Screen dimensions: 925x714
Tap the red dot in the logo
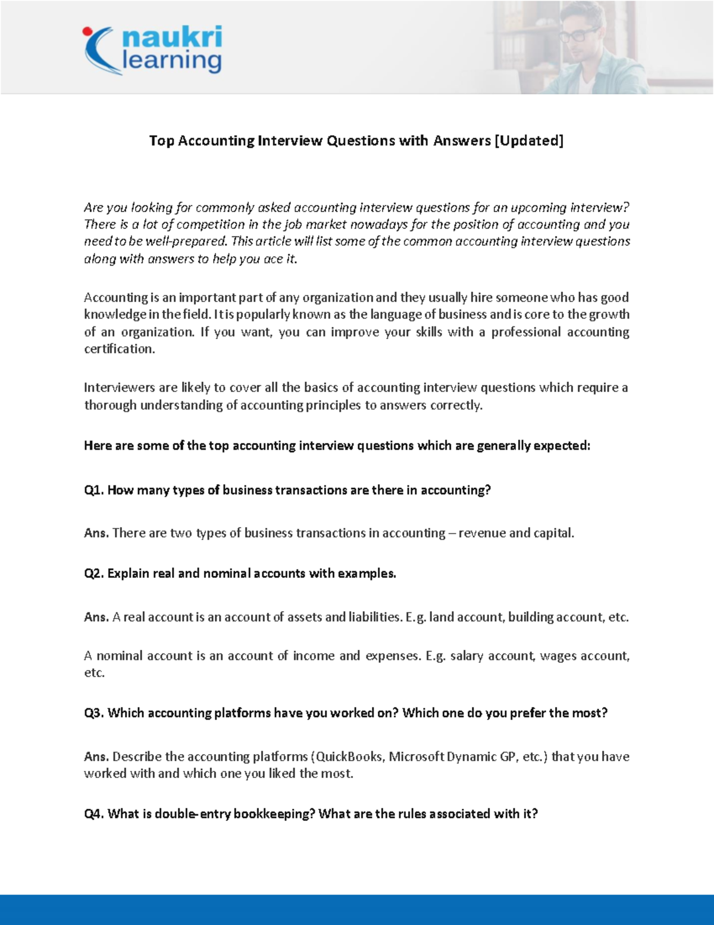tap(87, 31)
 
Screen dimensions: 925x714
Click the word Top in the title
tap(161, 141)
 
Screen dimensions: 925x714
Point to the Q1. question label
tap(94, 490)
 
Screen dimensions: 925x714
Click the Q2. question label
tap(94, 574)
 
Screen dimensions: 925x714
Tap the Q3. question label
tap(94, 713)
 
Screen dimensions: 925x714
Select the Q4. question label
tap(94, 814)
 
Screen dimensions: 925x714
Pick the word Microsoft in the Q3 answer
tap(416, 756)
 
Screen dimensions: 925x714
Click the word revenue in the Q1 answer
tap(482, 533)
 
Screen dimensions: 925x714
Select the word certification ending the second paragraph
tap(119, 349)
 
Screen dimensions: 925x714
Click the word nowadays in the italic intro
tap(378, 225)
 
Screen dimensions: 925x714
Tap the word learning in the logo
tap(171, 61)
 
